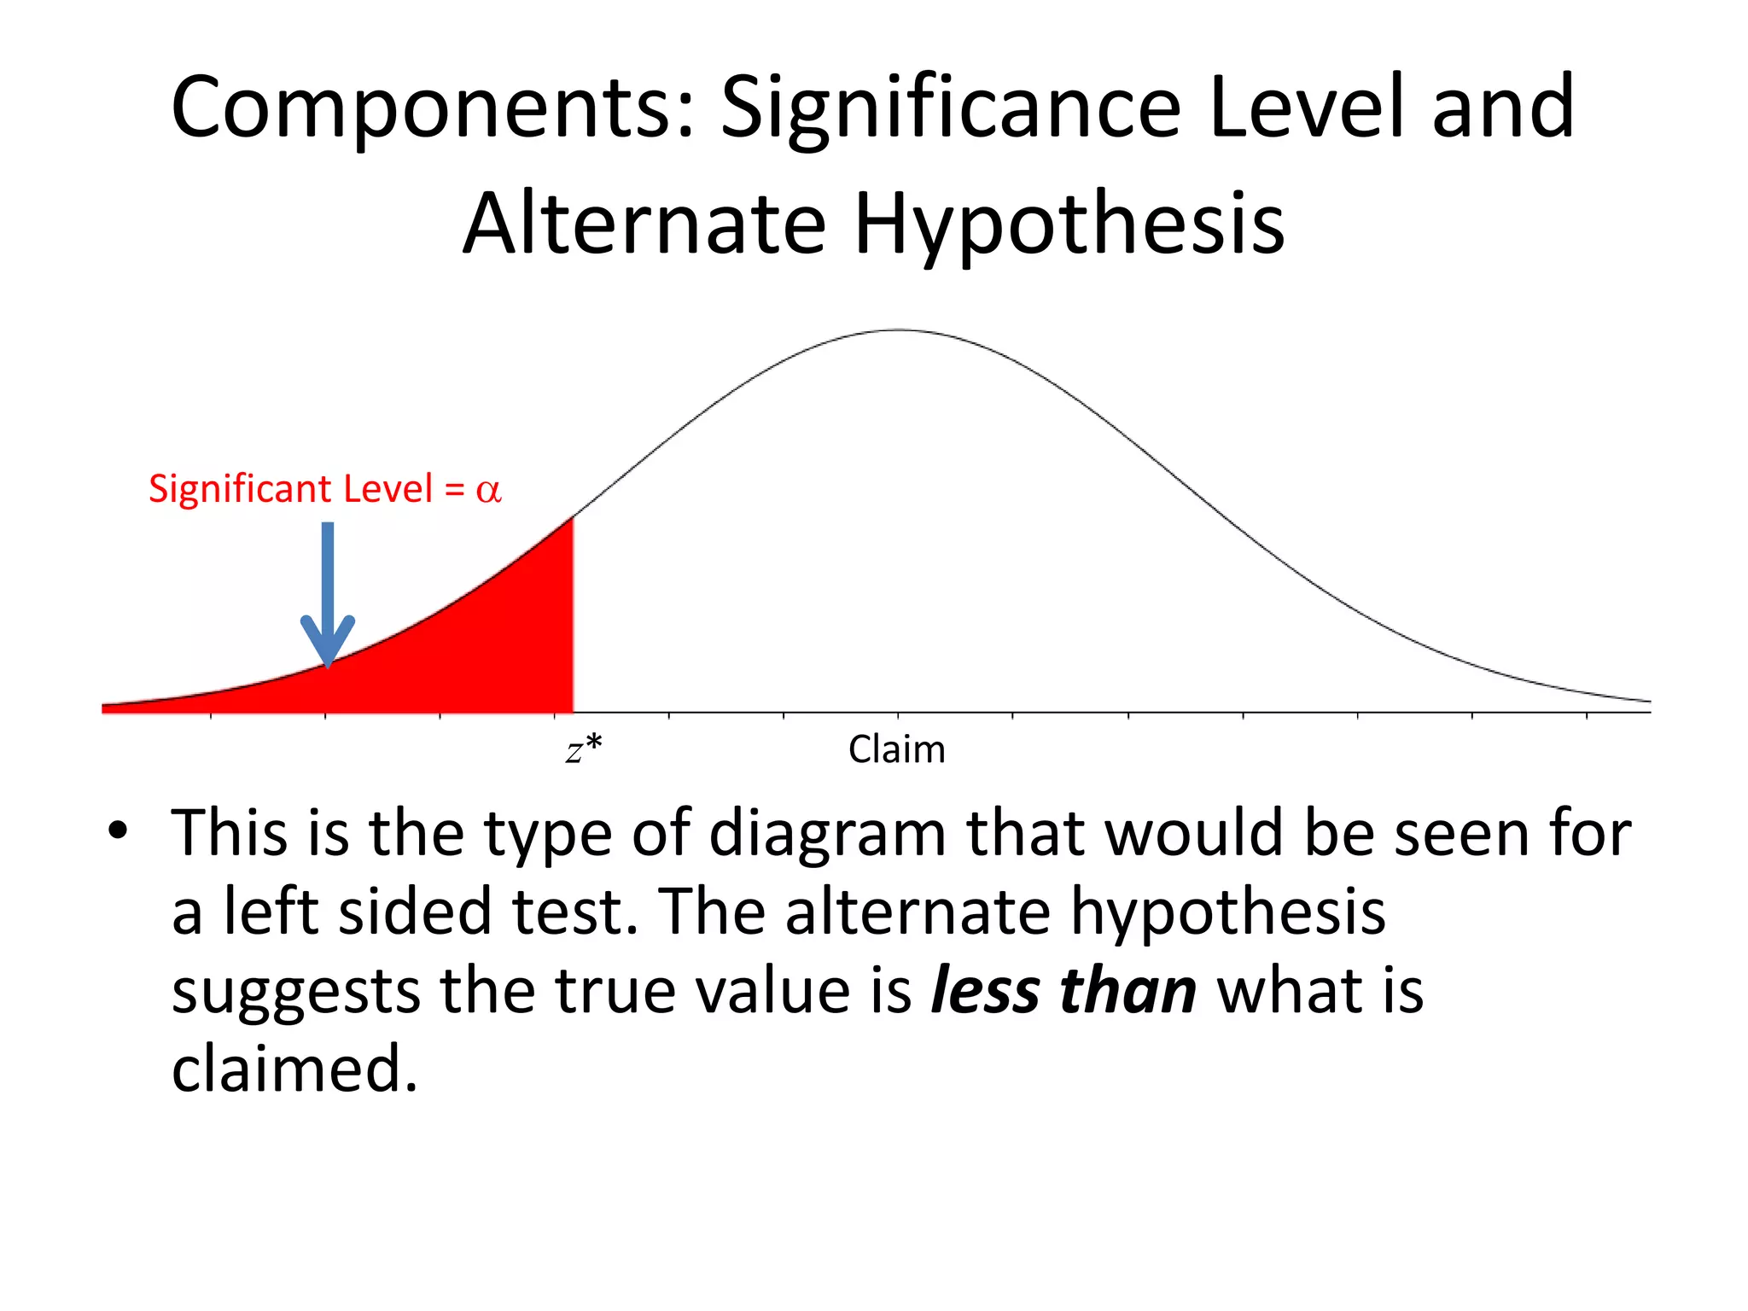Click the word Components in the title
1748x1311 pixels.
point(432,108)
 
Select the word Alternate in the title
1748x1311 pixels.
point(644,224)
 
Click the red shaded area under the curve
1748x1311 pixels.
point(478,649)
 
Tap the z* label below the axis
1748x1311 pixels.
point(584,749)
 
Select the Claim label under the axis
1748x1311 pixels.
point(896,749)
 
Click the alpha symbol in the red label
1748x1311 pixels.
point(488,490)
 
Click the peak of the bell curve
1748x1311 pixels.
point(899,330)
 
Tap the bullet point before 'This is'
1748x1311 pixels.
point(118,830)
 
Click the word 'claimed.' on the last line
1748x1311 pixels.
point(294,1069)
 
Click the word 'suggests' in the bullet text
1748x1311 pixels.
point(295,992)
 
